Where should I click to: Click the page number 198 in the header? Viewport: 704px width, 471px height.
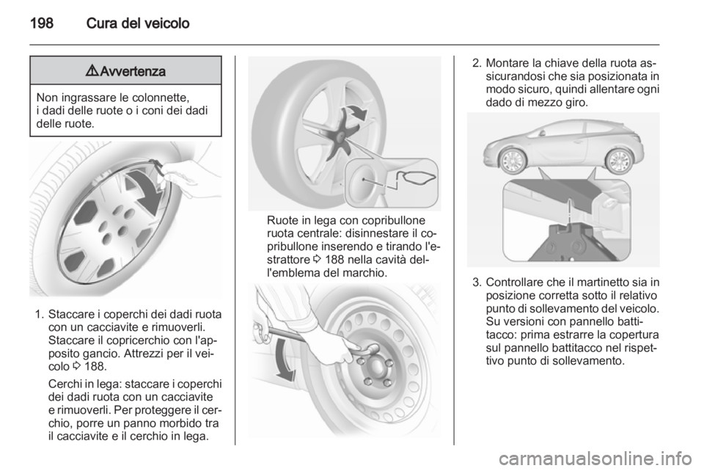coord(42,23)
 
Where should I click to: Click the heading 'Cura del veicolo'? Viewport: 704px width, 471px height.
coord(138,23)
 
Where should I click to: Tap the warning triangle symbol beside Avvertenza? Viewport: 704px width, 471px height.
coord(92,70)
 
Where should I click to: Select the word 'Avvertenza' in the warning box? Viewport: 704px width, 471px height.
coord(133,71)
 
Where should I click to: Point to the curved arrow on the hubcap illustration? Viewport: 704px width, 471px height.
coord(143,191)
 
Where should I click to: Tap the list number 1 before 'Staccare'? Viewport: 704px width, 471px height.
coord(39,314)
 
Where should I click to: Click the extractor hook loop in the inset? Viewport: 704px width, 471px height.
coord(420,178)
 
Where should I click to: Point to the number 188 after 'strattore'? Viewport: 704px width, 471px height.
coord(334,260)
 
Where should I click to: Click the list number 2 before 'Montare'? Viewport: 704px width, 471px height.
coord(477,63)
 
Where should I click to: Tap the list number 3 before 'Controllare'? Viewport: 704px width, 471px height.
coord(477,282)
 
